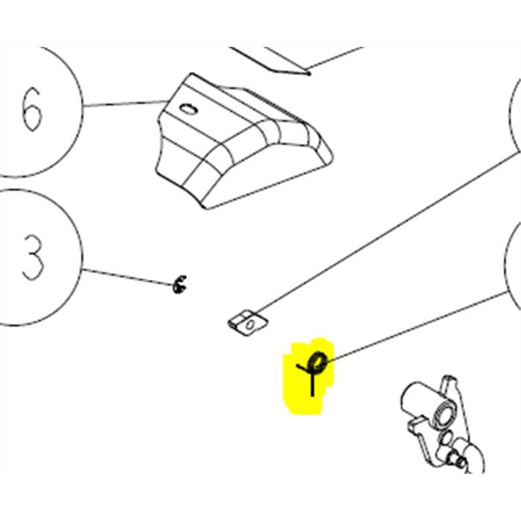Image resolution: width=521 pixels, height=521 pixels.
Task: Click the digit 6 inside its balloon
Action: click(32, 109)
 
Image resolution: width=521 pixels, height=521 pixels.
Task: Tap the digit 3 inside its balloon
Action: click(33, 258)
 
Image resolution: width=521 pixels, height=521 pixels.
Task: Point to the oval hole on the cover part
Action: click(188, 109)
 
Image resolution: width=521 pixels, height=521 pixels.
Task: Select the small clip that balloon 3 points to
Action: click(179, 284)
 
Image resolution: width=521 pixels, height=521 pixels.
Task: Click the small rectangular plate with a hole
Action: click(248, 323)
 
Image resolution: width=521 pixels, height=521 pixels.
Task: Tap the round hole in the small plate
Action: click(250, 325)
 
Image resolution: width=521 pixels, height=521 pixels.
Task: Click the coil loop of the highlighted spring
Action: click(318, 362)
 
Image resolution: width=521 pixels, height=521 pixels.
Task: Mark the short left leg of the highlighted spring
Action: click(302, 368)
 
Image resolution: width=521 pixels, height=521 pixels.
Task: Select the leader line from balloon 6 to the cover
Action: click(126, 103)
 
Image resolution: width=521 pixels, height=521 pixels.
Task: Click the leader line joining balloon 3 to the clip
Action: click(128, 277)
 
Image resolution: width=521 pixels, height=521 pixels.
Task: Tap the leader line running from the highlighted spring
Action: click(418, 326)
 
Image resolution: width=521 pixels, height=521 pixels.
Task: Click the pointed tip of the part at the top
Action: click(308, 74)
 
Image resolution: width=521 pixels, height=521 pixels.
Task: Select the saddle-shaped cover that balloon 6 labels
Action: click(244, 141)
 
